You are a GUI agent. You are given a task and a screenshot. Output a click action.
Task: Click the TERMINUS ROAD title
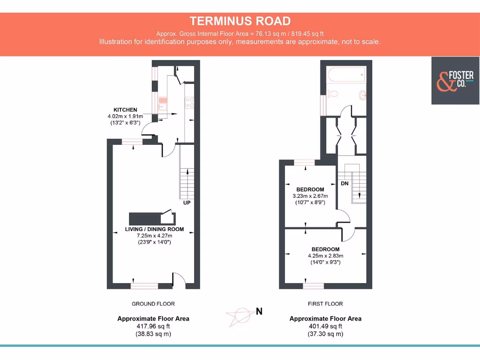click(x=240, y=21)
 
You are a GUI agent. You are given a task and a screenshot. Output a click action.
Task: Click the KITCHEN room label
click(x=125, y=110)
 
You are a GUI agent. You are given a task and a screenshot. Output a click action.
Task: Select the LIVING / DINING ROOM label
click(x=154, y=230)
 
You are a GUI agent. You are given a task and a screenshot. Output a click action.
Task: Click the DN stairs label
click(x=345, y=183)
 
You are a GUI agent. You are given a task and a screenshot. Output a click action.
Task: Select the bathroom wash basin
click(x=362, y=95)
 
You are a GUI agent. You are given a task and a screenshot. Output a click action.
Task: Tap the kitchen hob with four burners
click(x=190, y=102)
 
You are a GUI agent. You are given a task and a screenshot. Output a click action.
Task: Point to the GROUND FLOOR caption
click(x=153, y=304)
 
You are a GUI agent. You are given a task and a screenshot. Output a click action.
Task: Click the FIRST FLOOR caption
click(x=325, y=304)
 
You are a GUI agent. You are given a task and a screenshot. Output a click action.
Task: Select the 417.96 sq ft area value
click(x=153, y=326)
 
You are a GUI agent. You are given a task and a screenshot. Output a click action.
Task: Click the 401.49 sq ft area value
click(x=325, y=326)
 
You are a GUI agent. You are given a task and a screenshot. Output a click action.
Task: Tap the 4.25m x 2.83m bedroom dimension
click(x=325, y=256)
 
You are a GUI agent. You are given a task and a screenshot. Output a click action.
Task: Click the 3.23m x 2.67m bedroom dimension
click(x=310, y=196)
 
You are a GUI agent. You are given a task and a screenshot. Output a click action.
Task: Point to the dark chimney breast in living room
click(x=145, y=218)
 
